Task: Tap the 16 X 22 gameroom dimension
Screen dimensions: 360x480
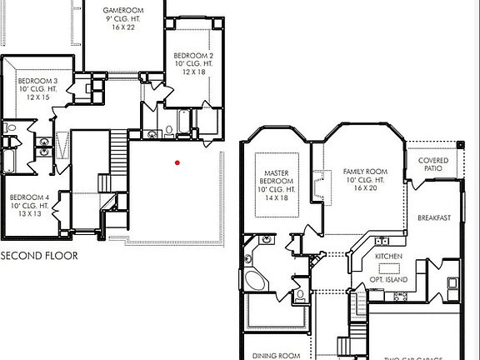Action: tap(124, 27)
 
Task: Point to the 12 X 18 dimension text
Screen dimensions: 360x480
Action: tap(193, 72)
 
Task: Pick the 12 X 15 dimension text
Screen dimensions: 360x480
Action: tap(37, 97)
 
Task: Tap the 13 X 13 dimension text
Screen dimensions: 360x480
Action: tap(29, 214)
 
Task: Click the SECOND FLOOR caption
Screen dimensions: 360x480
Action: tap(38, 256)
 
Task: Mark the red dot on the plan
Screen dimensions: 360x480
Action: tap(177, 162)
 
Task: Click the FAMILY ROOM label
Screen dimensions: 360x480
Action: tap(364, 172)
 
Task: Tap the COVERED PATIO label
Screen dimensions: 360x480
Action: tap(432, 164)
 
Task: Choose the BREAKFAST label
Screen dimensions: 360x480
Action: tap(433, 217)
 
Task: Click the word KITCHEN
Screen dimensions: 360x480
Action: tap(389, 256)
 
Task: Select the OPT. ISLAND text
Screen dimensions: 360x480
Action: tap(389, 280)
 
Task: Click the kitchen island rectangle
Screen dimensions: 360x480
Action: tap(389, 268)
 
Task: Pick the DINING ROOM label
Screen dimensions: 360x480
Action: tap(277, 356)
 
